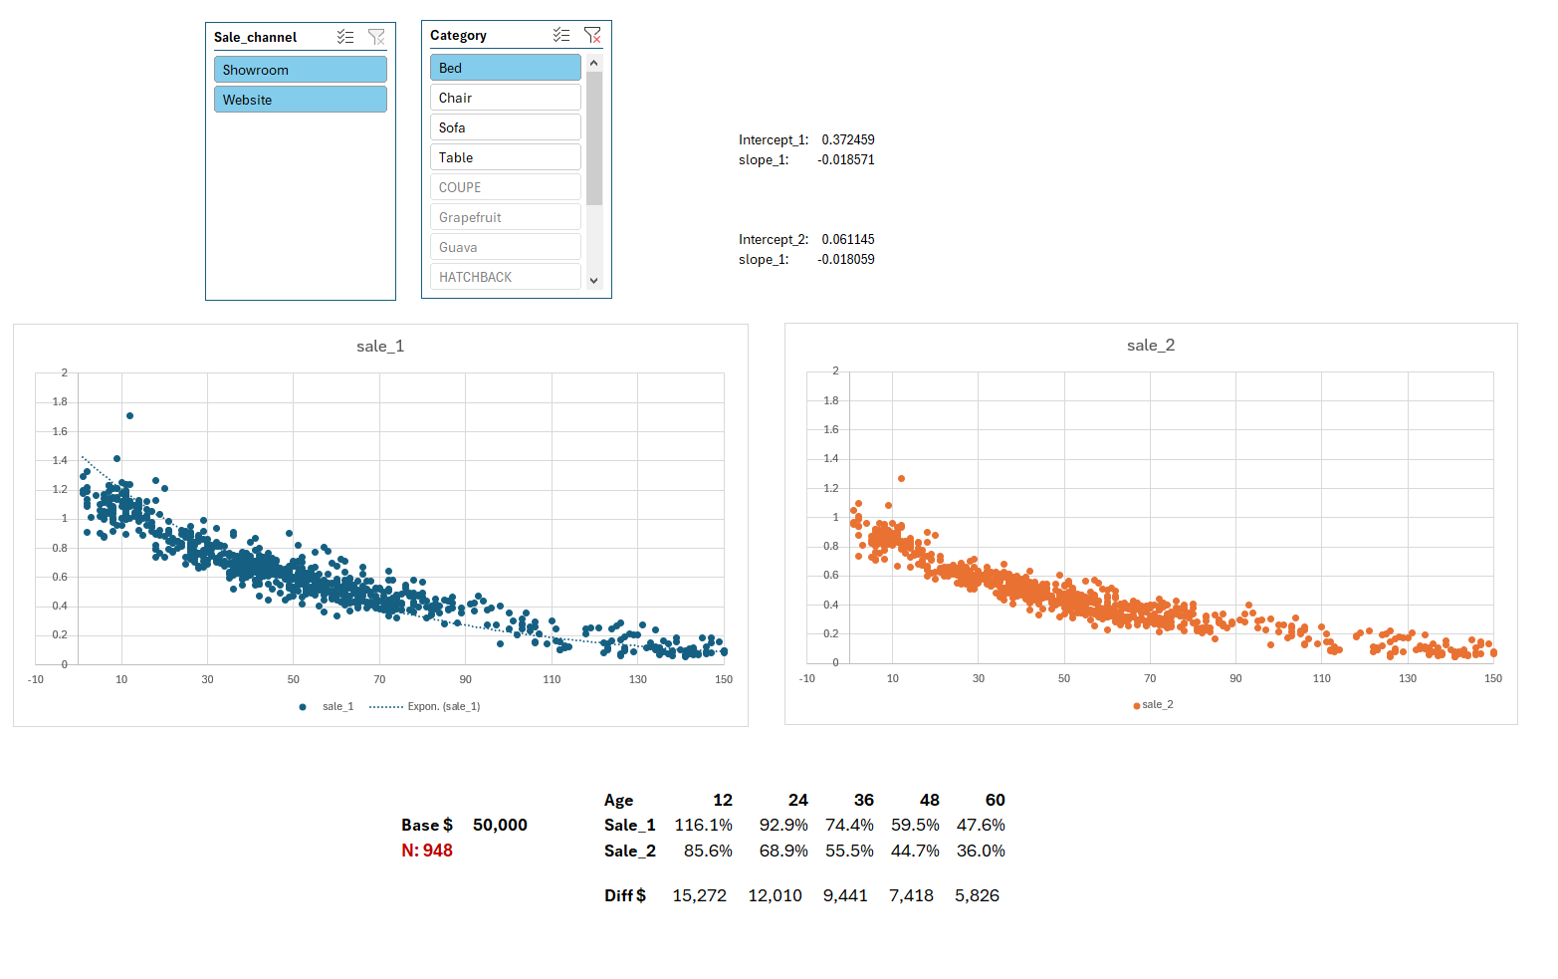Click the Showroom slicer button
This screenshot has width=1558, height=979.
coord(300,70)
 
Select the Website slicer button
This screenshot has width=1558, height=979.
coord(300,100)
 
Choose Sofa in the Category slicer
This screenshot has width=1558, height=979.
coord(505,127)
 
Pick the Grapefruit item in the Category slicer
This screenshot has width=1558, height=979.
coord(505,217)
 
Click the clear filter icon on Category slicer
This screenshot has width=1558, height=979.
coord(592,35)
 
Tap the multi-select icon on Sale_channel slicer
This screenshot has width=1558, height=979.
coord(345,37)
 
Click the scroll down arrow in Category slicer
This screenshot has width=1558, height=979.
coord(594,281)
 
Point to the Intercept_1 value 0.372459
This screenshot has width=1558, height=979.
coord(847,139)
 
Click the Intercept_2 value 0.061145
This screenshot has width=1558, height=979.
coord(847,239)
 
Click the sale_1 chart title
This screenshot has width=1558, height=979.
coord(380,346)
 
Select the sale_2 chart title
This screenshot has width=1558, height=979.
coord(1150,345)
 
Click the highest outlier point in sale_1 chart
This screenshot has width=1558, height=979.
coord(129,415)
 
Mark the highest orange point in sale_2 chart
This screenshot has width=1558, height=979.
coord(901,478)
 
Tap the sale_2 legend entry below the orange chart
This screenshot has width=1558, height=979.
coord(1156,704)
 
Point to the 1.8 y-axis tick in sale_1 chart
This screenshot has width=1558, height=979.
coord(60,401)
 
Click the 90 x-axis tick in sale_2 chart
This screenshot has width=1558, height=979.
coord(1235,678)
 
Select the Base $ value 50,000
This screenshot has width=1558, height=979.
coord(500,825)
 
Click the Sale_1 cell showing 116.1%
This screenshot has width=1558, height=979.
coord(703,825)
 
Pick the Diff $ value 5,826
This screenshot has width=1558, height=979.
coord(977,895)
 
